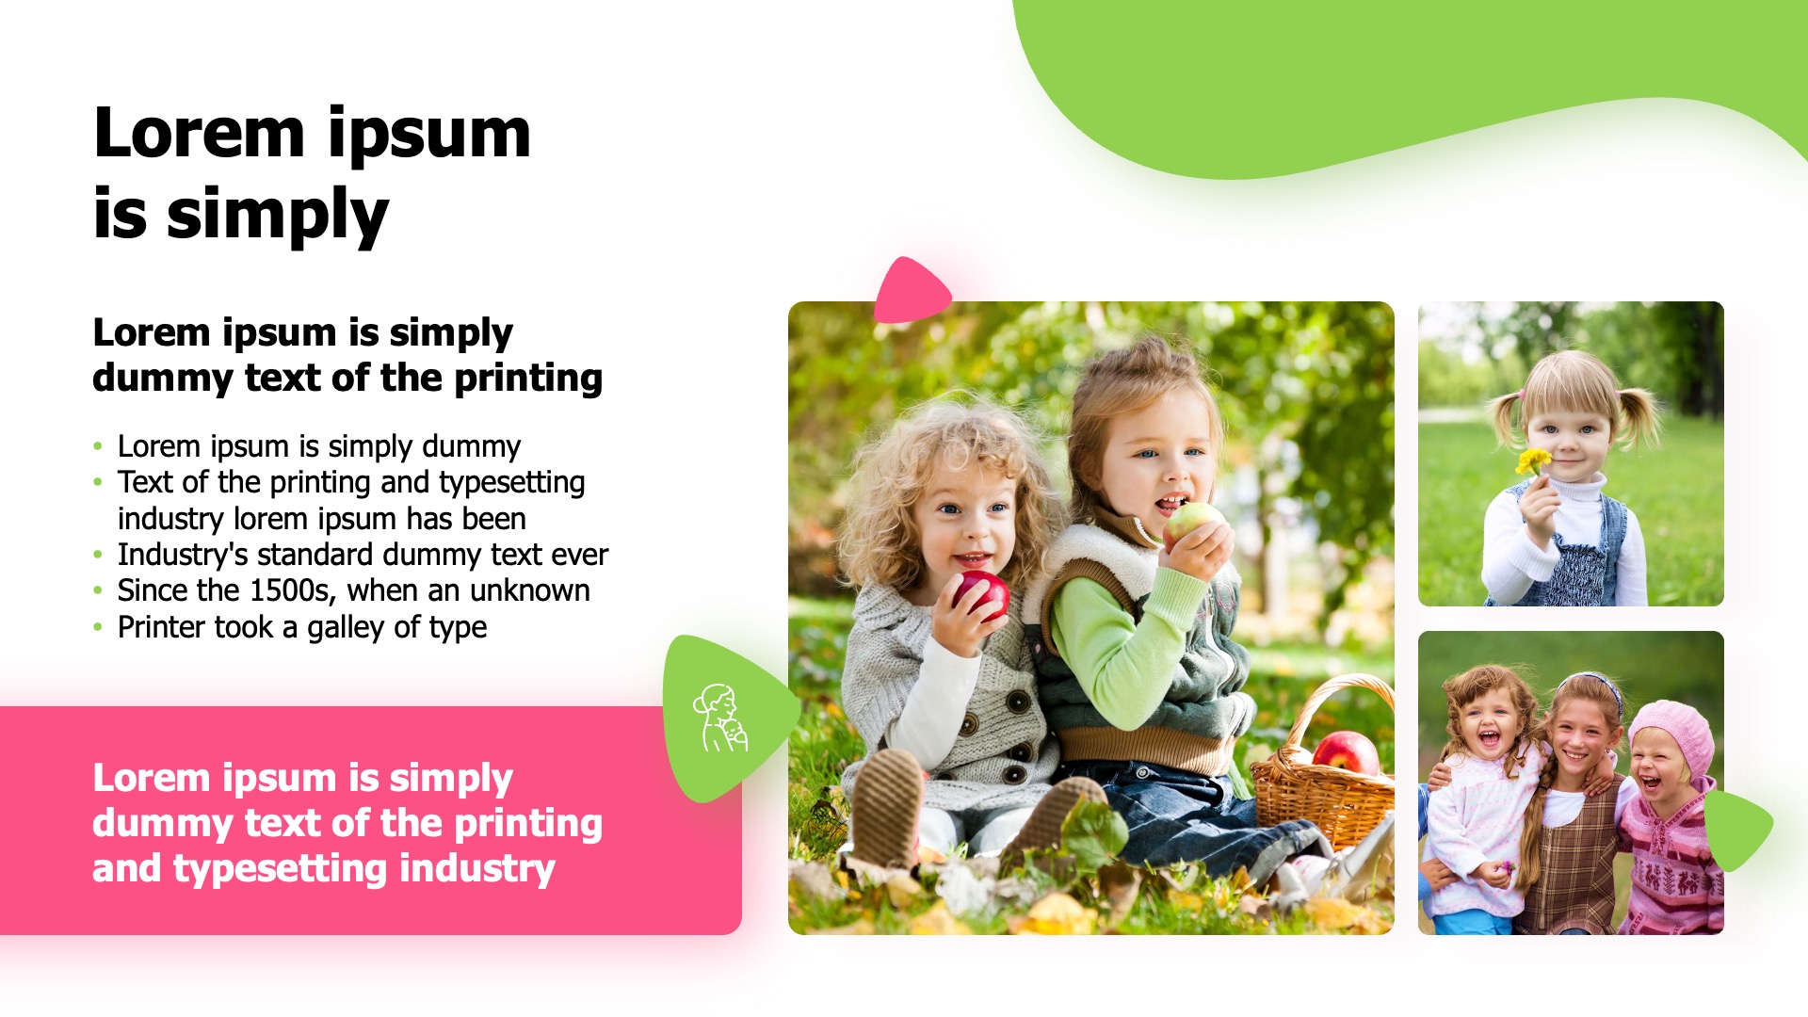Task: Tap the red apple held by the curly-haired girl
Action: pos(982,596)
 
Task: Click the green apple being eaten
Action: pos(1192,525)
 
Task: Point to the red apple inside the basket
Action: pos(1346,752)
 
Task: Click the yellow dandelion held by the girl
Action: pos(1533,462)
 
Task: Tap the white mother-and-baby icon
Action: pos(720,718)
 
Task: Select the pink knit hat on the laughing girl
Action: pos(1673,734)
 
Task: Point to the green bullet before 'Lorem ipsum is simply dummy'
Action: pos(98,446)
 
